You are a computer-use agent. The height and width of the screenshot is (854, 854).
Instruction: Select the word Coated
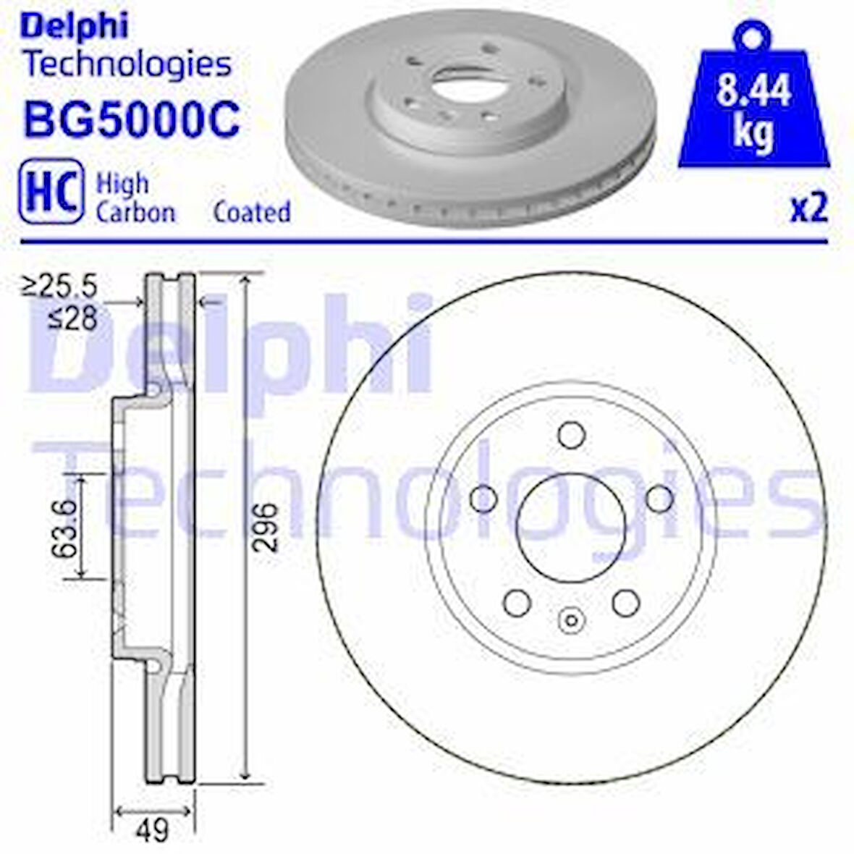252,212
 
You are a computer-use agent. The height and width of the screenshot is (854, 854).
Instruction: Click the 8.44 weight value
753,92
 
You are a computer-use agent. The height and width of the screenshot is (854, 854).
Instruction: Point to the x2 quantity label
808,208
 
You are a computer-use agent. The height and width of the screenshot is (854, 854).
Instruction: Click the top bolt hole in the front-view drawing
572,436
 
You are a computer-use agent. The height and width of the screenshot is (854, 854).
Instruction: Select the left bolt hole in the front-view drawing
483,499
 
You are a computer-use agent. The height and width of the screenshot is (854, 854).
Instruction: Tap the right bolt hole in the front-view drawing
659,499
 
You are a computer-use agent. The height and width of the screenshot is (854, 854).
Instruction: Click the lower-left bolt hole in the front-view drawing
517,602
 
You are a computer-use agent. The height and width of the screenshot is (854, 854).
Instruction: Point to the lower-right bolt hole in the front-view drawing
626,602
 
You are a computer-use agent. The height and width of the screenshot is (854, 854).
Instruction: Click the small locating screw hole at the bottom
572,620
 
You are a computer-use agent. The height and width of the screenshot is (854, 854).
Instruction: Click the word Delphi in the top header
75,27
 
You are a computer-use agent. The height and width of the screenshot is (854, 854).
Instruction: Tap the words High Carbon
135,198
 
